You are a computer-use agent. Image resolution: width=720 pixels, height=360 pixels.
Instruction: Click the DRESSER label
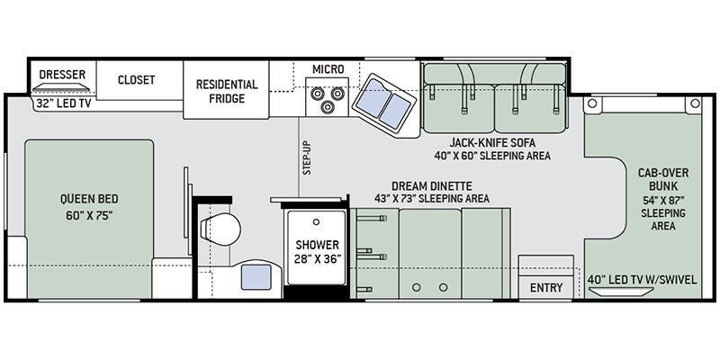62,75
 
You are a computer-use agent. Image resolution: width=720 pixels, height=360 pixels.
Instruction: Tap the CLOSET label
137,79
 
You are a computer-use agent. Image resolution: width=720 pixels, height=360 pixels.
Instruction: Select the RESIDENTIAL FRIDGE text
227,91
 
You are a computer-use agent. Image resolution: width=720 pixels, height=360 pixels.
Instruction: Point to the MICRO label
328,69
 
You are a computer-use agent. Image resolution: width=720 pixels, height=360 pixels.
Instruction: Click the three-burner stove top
327,97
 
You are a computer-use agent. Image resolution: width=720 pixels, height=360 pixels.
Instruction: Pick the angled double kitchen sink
384,103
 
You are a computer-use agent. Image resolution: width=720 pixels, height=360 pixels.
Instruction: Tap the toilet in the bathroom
221,229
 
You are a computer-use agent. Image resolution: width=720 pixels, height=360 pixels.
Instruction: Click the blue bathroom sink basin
256,277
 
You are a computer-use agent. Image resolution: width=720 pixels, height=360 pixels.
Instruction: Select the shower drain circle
316,221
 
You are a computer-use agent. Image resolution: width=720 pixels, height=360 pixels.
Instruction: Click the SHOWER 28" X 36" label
318,251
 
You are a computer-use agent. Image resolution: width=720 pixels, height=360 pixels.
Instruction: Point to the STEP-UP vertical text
307,157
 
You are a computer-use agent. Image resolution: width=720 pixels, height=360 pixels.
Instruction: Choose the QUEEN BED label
89,199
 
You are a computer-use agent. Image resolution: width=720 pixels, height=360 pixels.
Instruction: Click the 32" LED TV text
63,103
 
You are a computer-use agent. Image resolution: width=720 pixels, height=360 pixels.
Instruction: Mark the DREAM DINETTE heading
432,186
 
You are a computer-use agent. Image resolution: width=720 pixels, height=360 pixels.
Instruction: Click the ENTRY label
546,287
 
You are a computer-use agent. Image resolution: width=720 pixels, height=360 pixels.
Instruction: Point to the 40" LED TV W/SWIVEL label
643,279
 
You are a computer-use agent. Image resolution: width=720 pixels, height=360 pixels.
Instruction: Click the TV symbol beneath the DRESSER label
61,87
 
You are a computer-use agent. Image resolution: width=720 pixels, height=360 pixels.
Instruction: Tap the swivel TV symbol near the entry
621,292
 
